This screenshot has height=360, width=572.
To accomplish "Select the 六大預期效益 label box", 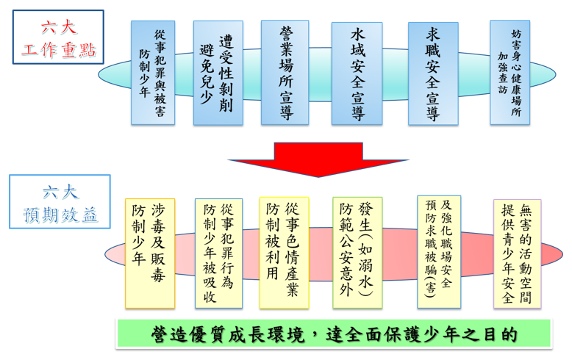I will pyautogui.click(x=60, y=203).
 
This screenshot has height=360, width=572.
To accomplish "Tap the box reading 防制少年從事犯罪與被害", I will pyautogui.click(x=152, y=72).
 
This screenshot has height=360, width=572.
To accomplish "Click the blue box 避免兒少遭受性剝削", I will pyautogui.click(x=217, y=72).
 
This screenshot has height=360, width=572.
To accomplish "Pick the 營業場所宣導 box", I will pyautogui.click(x=285, y=72).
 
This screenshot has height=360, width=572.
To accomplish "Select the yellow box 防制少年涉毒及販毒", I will pyautogui.click(x=149, y=253).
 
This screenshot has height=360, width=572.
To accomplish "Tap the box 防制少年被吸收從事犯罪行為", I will pyautogui.click(x=218, y=253).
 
